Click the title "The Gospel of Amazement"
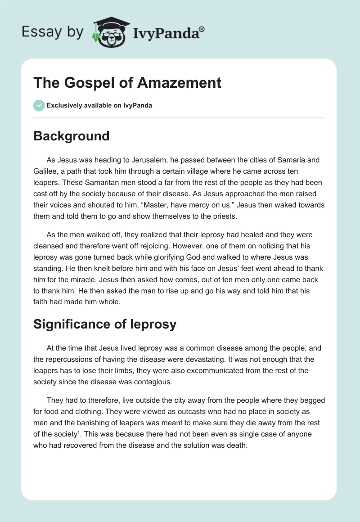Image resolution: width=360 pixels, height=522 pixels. tap(127, 83)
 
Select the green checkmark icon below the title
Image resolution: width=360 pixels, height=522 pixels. tap(39, 105)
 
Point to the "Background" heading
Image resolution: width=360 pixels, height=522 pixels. tap(71, 136)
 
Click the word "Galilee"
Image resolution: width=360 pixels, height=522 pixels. tap(46, 171)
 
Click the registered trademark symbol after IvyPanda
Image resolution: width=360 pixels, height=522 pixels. tap(202, 28)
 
